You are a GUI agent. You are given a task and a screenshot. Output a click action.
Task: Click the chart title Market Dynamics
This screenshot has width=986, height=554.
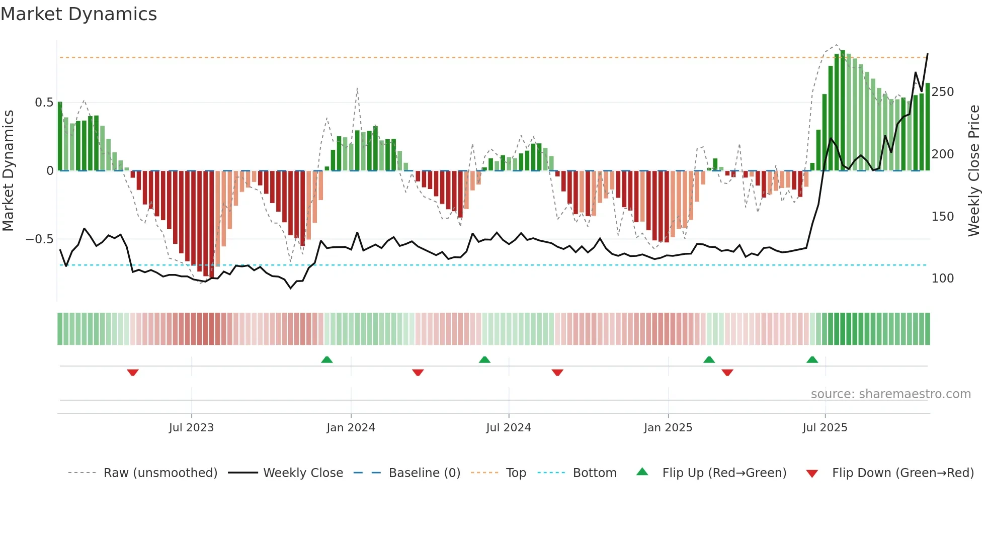pos(79,14)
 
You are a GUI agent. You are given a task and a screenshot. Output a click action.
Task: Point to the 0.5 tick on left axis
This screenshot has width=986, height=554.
pos(44,103)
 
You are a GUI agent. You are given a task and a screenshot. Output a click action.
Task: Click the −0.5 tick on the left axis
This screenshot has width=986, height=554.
pos(40,239)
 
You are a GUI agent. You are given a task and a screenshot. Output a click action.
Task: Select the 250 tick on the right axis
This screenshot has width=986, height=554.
pos(942,92)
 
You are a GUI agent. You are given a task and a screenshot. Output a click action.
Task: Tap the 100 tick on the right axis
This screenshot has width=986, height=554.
pos(942,279)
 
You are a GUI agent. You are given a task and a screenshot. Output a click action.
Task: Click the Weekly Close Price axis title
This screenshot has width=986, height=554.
pos(974,171)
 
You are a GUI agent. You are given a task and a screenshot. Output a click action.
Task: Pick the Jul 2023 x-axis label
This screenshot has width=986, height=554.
pos(191,428)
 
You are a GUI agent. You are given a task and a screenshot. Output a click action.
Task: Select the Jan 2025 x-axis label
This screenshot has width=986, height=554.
pos(668,428)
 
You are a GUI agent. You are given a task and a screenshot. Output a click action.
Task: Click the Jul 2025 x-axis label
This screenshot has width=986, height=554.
pos(825,428)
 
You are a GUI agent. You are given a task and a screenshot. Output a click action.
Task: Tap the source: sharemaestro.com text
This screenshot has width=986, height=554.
pos(890,394)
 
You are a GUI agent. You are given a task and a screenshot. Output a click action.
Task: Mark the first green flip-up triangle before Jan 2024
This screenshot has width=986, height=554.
pos(327,359)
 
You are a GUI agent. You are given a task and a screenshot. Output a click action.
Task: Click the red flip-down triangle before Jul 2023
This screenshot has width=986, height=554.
pos(133,373)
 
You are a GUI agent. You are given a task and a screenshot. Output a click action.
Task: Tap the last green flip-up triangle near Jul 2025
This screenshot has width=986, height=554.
pos(812,359)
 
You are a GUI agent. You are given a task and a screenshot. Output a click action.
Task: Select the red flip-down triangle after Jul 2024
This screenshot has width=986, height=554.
pos(557,373)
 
